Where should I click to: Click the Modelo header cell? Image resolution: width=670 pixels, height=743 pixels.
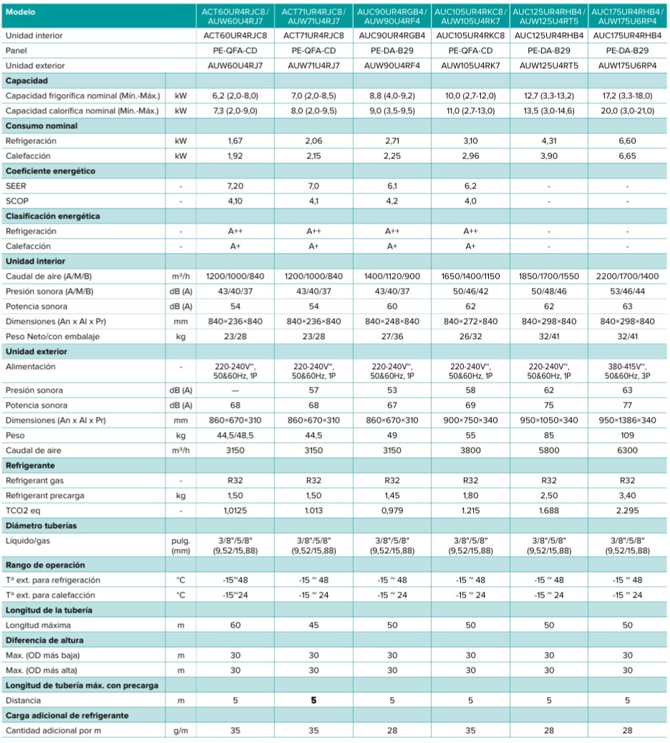click(x=20, y=12)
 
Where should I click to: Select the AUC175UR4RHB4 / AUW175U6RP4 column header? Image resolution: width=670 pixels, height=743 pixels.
click(x=627, y=16)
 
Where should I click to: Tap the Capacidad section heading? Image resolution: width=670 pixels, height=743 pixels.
click(x=26, y=80)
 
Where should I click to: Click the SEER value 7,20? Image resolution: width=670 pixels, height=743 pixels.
click(x=235, y=186)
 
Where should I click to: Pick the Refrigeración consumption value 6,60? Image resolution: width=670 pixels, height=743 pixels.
click(x=627, y=140)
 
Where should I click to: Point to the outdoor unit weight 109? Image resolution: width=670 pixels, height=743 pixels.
click(x=627, y=436)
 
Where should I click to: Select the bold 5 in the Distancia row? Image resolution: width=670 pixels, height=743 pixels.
click(x=314, y=700)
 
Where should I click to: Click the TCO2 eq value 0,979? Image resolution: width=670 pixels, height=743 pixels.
click(x=392, y=511)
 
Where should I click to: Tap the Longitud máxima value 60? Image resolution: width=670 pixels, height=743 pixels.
click(x=235, y=625)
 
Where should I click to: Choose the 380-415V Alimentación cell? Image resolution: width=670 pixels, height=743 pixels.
click(x=627, y=371)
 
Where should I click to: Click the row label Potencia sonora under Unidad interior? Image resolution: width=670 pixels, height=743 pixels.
click(x=37, y=307)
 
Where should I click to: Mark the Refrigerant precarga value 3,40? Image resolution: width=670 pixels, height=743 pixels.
click(x=627, y=496)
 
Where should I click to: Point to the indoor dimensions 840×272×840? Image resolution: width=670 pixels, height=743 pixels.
click(x=470, y=321)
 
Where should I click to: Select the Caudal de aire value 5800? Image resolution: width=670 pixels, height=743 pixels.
click(x=549, y=451)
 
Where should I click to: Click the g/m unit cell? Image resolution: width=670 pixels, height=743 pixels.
click(x=180, y=731)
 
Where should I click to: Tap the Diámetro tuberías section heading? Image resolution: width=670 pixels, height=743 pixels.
click(x=42, y=525)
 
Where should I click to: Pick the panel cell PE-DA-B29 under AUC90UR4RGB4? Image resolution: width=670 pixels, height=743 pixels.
click(x=392, y=51)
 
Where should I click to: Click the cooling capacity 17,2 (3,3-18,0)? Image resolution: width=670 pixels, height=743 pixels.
click(x=627, y=96)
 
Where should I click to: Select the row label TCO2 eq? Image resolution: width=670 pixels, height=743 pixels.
click(x=23, y=511)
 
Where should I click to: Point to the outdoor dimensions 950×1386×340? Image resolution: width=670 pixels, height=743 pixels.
click(x=627, y=421)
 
